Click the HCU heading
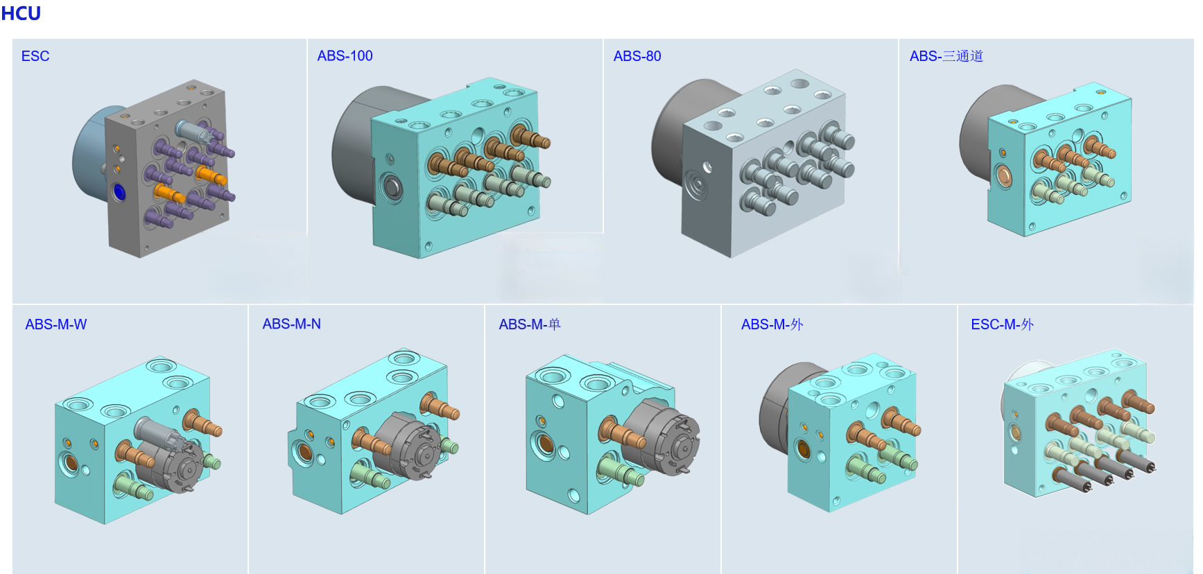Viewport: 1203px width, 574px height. tap(21, 13)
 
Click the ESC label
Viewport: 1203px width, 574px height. tap(35, 56)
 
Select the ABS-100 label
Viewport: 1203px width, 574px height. tap(345, 55)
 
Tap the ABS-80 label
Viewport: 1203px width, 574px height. tap(637, 55)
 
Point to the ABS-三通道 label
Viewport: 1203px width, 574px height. tap(946, 55)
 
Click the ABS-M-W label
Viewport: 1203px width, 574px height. tap(56, 324)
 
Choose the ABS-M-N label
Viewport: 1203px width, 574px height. tap(292, 324)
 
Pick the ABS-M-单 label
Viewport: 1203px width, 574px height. tap(530, 324)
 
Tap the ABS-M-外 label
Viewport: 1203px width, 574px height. tap(772, 324)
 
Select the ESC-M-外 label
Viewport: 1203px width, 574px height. tap(1003, 324)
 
